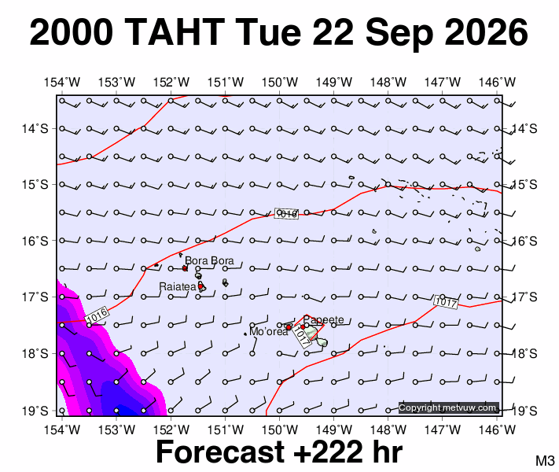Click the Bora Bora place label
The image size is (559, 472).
[209, 260]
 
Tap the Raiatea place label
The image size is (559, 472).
[178, 286]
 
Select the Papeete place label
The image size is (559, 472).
[324, 319]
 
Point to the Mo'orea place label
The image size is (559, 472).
[269, 332]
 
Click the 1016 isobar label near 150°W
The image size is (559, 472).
[286, 213]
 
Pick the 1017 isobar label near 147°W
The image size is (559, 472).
[446, 302]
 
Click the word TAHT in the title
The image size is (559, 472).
[175, 32]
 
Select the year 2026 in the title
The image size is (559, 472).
[486, 32]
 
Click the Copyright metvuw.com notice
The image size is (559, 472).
[447, 407]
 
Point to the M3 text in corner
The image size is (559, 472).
[545, 460]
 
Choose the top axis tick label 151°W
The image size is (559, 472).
[226, 83]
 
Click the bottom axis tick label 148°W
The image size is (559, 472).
[388, 430]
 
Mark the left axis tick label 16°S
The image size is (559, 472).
[35, 242]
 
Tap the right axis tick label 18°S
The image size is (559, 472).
[524, 353]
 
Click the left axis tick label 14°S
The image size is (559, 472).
[35, 128]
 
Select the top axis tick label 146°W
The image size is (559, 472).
[497, 83]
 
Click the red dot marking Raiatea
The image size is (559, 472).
[200, 286]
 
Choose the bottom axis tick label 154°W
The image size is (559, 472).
[62, 430]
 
